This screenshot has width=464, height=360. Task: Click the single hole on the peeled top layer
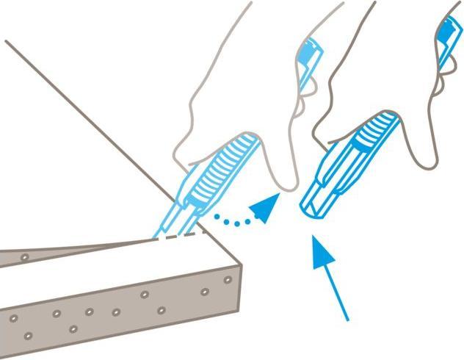click(x=26, y=258)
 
